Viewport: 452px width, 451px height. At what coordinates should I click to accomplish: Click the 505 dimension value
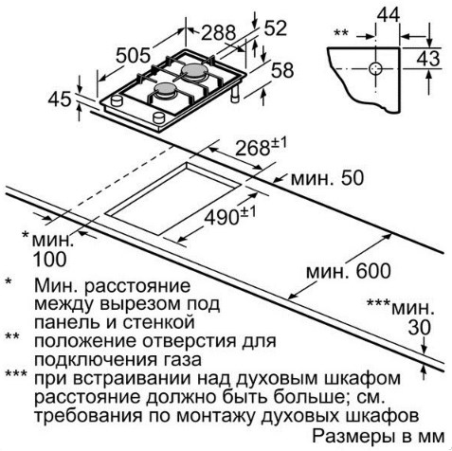click(133, 55)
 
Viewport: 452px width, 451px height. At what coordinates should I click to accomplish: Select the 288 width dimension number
click(219, 32)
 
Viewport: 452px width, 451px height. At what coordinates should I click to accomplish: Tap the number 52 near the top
click(275, 28)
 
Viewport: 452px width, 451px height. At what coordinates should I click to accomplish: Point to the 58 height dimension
click(282, 70)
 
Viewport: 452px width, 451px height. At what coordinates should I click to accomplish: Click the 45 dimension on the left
click(60, 99)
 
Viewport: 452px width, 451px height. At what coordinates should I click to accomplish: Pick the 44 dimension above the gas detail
click(389, 15)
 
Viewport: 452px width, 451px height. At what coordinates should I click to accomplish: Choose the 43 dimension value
click(428, 59)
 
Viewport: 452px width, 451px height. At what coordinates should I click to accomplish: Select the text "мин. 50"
click(327, 178)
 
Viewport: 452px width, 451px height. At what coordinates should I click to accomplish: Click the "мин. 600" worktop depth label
click(349, 271)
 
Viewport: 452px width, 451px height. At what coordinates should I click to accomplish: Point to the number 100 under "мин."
click(50, 260)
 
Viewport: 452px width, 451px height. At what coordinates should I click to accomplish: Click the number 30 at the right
click(420, 327)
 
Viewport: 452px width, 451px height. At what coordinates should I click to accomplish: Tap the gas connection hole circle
click(375, 68)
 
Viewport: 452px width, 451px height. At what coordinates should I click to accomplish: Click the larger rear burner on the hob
click(193, 71)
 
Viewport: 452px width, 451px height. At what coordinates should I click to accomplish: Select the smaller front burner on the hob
click(164, 89)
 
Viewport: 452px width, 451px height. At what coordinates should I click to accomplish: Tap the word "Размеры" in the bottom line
click(353, 437)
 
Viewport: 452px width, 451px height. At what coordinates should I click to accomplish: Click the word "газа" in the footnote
click(179, 360)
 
